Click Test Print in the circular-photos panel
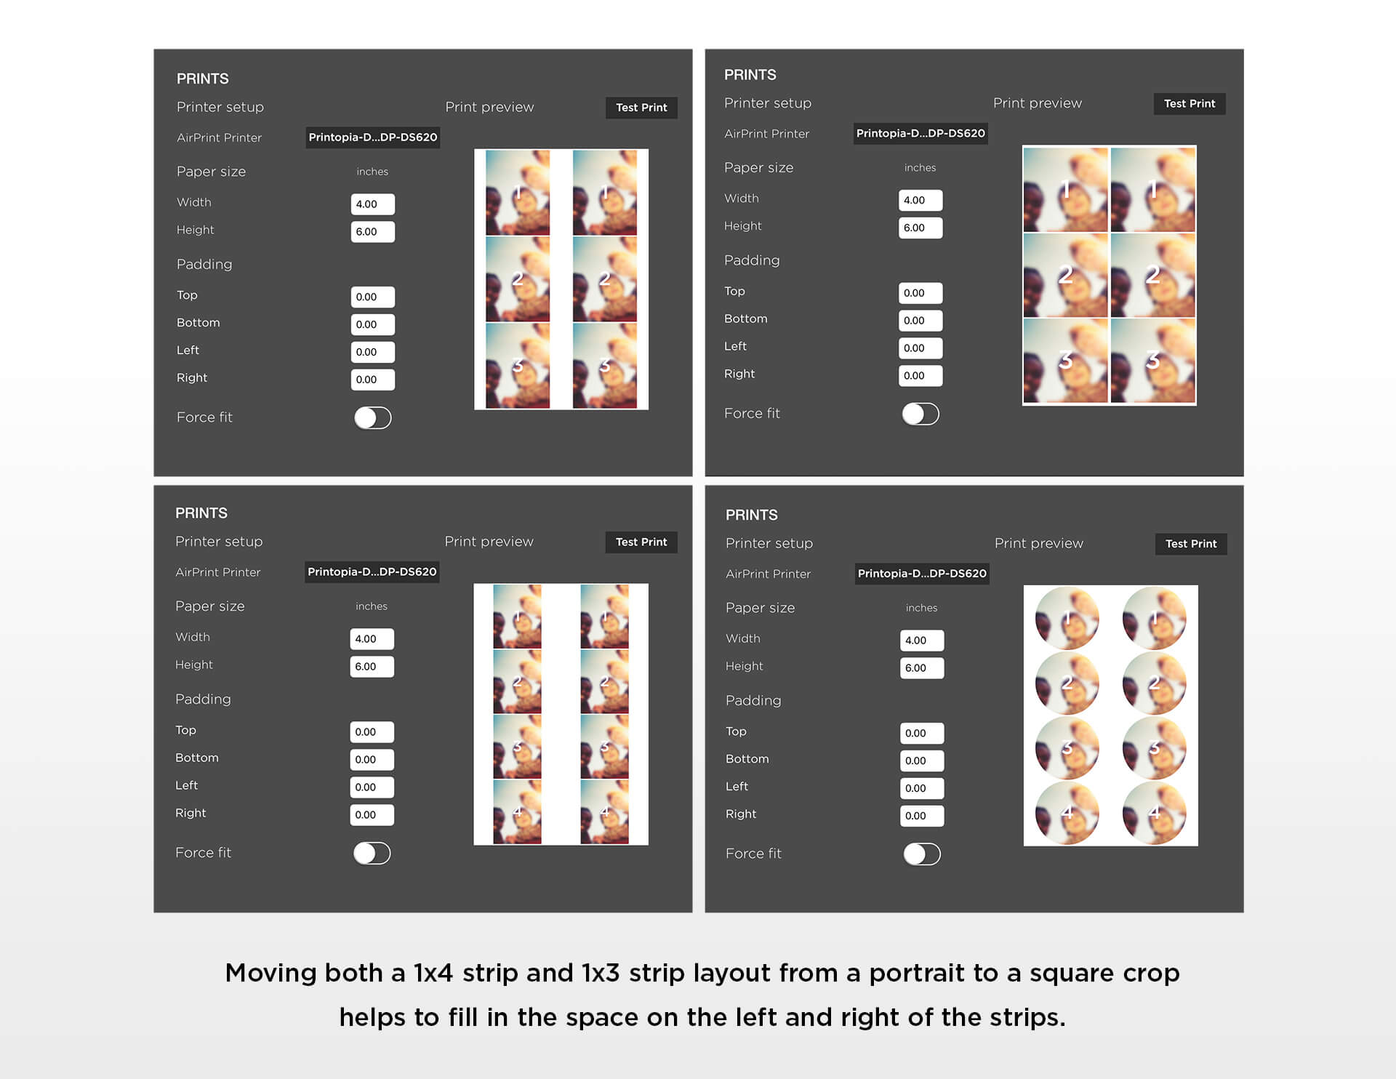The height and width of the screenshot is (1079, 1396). (x=1190, y=544)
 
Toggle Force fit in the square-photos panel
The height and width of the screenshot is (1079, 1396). (x=920, y=414)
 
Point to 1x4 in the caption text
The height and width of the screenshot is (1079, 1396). (x=433, y=973)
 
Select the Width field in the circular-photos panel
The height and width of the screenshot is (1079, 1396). (x=921, y=640)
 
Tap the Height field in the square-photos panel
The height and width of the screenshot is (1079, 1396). (x=920, y=228)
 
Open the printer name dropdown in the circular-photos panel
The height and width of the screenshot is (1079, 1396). (x=921, y=574)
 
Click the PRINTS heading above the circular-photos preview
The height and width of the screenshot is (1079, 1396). (x=751, y=515)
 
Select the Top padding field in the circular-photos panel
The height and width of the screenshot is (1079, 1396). (x=921, y=733)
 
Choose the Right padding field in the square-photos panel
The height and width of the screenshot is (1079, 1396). (x=920, y=375)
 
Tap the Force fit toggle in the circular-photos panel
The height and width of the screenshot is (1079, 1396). (x=922, y=854)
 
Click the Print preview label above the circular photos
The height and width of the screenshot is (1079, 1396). (x=1038, y=543)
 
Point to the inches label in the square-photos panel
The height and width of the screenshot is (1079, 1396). (x=920, y=168)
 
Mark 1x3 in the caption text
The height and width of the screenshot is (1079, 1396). (x=601, y=973)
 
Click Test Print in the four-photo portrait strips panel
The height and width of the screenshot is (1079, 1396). (x=641, y=542)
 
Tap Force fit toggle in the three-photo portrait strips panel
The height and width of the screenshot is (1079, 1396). (x=373, y=417)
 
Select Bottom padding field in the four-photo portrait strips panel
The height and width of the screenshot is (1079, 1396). (x=372, y=759)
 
